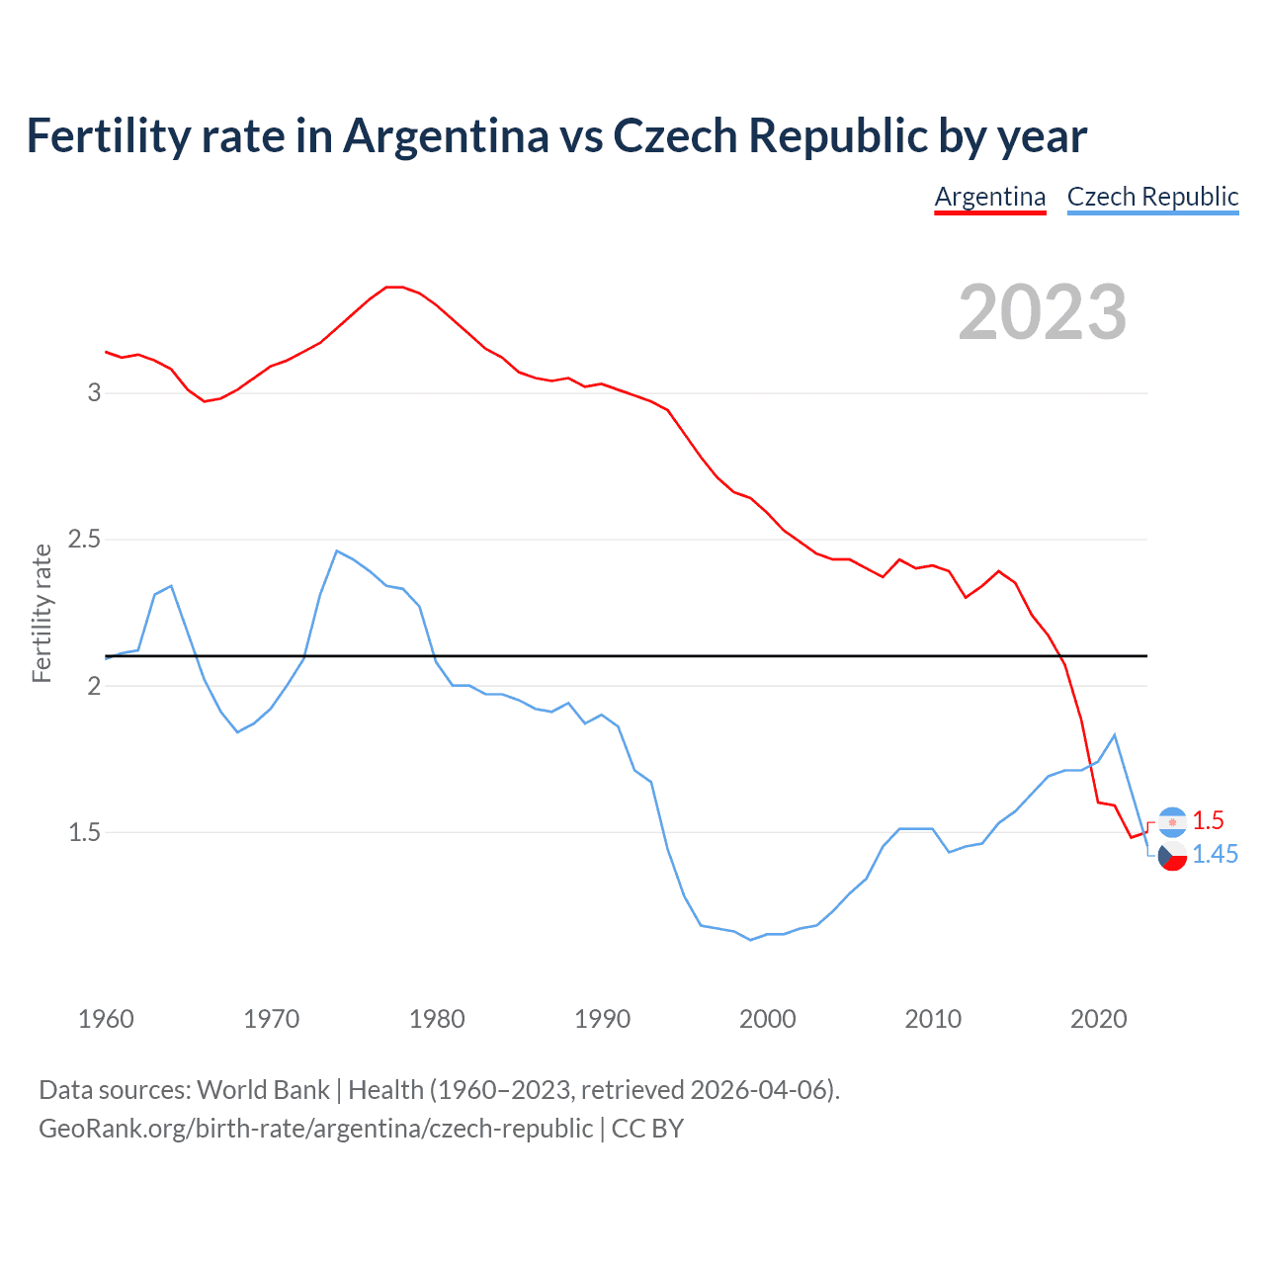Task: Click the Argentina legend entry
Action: click(x=990, y=197)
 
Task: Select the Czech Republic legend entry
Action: click(x=1152, y=197)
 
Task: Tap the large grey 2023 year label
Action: click(x=1043, y=312)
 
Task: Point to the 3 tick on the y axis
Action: click(x=95, y=393)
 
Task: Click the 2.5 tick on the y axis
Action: click(x=85, y=540)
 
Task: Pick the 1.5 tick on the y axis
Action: click(x=85, y=832)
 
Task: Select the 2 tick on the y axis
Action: click(x=95, y=686)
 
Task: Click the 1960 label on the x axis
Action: click(x=106, y=1019)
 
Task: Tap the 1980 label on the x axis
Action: click(x=437, y=1019)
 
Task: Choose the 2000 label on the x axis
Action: click(x=768, y=1019)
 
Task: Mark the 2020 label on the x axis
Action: click(x=1098, y=1019)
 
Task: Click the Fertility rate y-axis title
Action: click(x=42, y=613)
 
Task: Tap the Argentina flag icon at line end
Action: click(x=1172, y=821)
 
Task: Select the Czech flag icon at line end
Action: click(x=1172, y=856)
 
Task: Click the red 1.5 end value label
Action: click(x=1208, y=820)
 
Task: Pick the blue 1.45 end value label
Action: click(x=1215, y=855)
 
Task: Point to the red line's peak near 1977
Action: click(x=394, y=287)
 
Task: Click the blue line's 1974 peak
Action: click(x=337, y=550)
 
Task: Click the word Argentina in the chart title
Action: click(x=446, y=135)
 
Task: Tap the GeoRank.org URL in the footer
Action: click(x=316, y=1128)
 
